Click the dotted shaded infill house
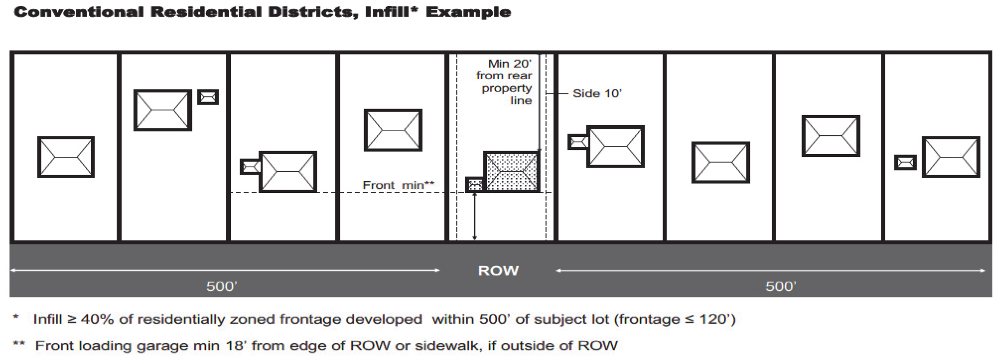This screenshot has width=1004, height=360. pyautogui.click(x=511, y=172)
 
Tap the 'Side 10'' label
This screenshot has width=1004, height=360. pyautogui.click(x=597, y=93)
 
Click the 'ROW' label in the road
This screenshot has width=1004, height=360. pyautogui.click(x=498, y=271)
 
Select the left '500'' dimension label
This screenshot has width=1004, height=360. pyautogui.click(x=222, y=286)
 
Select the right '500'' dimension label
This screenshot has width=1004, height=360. pyautogui.click(x=781, y=286)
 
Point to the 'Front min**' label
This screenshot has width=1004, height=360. pyautogui.click(x=398, y=185)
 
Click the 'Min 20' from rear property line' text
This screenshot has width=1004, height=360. pyautogui.click(x=505, y=82)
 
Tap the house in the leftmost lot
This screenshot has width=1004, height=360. pyautogui.click(x=66, y=157)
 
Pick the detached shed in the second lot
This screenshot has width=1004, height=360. pyautogui.click(x=208, y=97)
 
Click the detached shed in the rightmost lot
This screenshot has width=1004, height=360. pyautogui.click(x=905, y=163)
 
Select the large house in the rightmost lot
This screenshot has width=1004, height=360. pyautogui.click(x=951, y=157)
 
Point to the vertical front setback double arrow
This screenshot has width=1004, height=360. pyautogui.click(x=474, y=216)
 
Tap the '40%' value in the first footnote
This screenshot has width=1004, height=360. pyautogui.click(x=97, y=320)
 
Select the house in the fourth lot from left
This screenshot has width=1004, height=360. pyautogui.click(x=393, y=130)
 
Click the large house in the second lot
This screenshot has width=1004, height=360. pyautogui.click(x=163, y=110)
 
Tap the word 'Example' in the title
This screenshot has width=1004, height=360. pyautogui.click(x=468, y=12)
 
